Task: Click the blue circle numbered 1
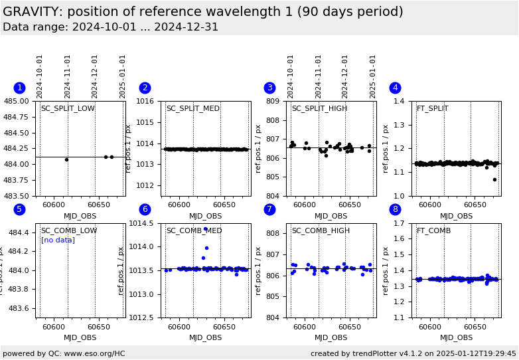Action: tap(19, 88)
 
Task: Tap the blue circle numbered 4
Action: tap(395, 88)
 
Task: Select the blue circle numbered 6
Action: tap(145, 209)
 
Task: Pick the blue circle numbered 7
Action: tap(269, 209)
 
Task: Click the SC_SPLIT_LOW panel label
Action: tap(68, 109)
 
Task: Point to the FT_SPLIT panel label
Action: tap(432, 109)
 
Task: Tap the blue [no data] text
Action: tap(58, 240)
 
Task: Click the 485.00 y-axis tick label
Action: tap(17, 101)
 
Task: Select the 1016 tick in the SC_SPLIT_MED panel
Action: tap(148, 101)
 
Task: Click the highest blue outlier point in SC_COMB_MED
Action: tap(205, 229)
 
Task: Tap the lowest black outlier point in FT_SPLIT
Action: tap(494, 179)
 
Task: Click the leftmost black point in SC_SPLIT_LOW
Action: tap(66, 159)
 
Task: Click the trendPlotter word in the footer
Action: tap(372, 353)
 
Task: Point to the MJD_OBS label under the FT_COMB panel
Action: tap(457, 338)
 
